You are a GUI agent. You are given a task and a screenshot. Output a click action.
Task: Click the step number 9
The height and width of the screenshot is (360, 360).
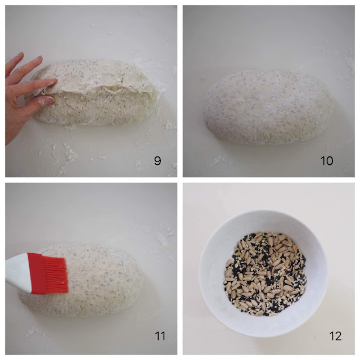(x=157, y=161)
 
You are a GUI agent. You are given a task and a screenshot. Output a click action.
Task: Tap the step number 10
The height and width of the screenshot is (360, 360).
(x=327, y=161)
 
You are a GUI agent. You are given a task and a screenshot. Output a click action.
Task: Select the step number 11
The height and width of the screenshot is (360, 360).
(x=160, y=336)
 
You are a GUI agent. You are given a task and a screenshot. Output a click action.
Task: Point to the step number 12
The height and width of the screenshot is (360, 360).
(x=335, y=336)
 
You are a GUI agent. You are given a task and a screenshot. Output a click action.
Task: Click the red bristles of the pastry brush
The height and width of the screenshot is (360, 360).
(x=56, y=275)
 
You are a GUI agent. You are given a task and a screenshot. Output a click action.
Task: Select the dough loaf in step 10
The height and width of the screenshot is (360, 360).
(x=268, y=107)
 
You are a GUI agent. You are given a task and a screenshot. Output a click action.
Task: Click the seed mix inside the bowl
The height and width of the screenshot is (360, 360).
(x=265, y=274)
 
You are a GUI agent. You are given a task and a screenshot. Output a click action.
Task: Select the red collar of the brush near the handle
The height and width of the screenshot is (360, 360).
(x=37, y=274)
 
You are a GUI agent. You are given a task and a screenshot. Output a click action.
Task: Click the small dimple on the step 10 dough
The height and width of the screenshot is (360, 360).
(x=246, y=97)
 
